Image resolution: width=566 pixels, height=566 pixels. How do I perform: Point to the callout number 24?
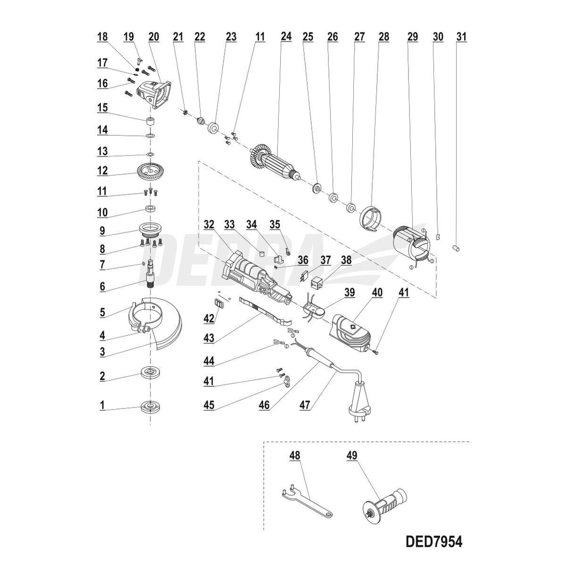[286, 37]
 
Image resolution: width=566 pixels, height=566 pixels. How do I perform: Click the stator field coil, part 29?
[412, 244]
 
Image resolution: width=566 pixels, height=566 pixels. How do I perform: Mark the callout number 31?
[461, 37]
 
